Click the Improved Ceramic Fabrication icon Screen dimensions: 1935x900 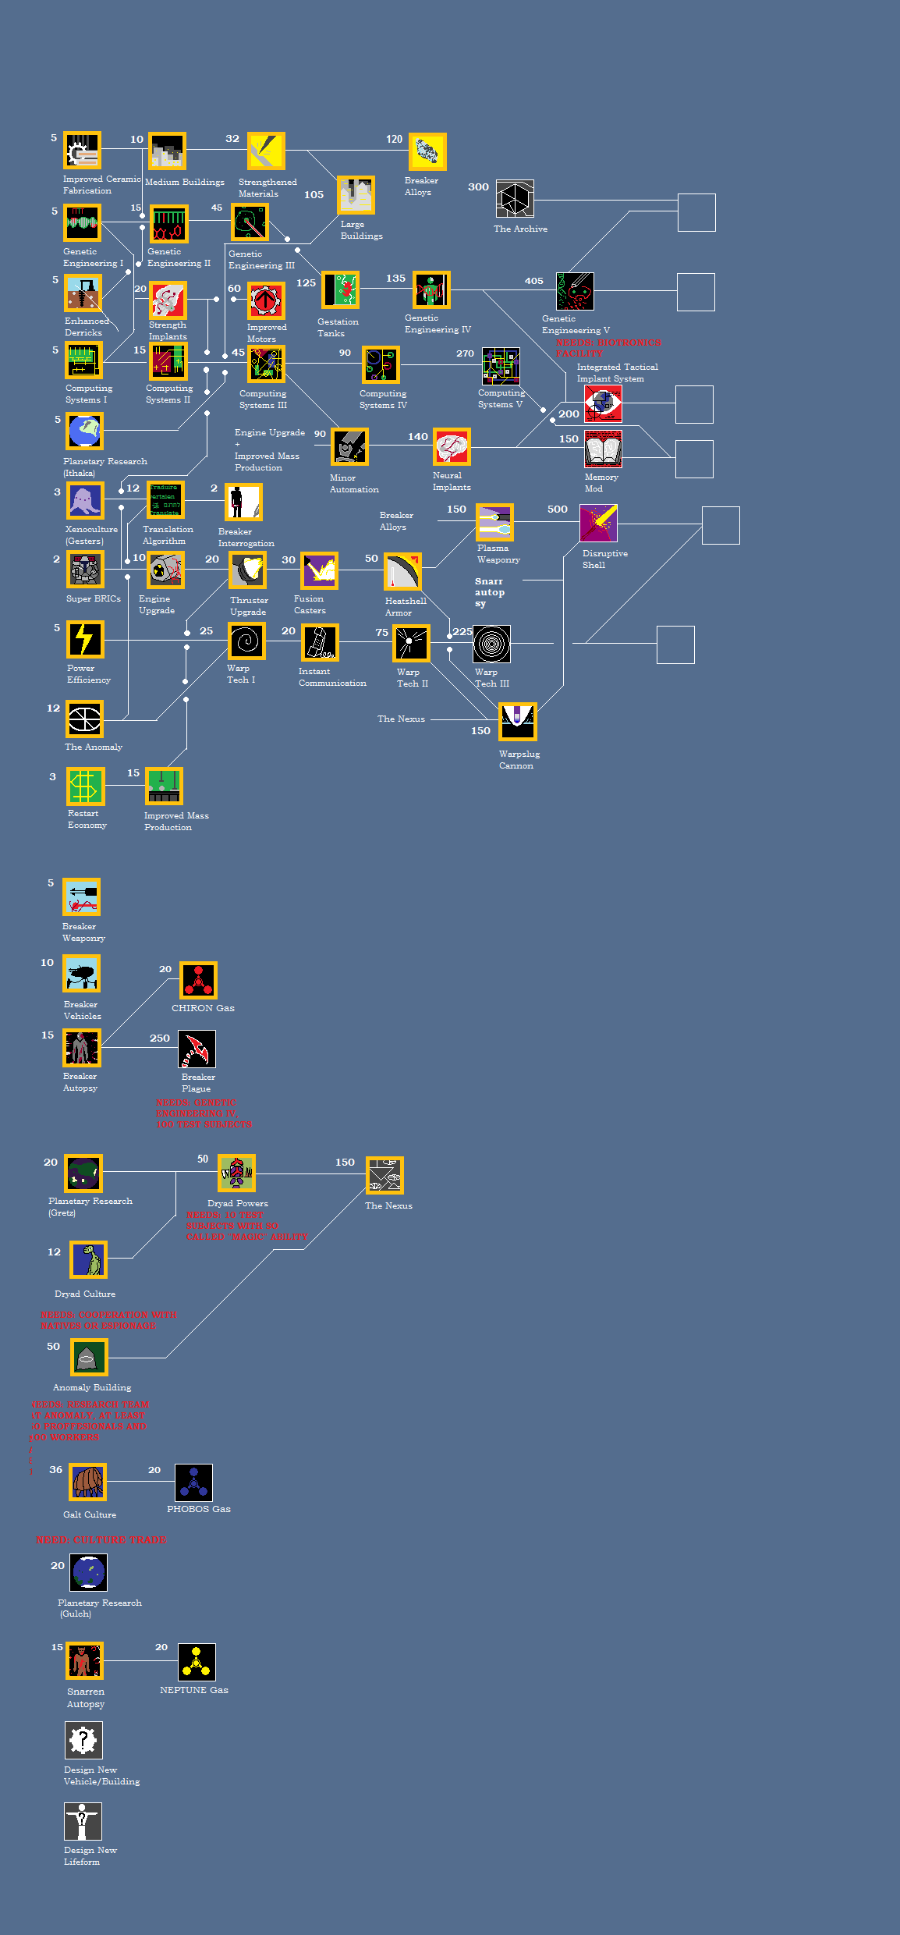click(82, 151)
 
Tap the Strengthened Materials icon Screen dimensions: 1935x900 click(266, 151)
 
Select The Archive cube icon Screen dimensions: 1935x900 click(515, 199)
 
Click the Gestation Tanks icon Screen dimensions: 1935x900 click(341, 290)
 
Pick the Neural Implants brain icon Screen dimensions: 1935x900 click(452, 447)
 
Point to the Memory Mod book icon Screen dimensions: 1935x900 click(603, 449)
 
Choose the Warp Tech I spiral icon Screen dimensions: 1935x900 click(246, 641)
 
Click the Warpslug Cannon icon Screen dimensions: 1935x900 click(518, 722)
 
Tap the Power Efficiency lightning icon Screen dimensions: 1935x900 click(85, 640)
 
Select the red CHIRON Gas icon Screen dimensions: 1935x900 click(198, 980)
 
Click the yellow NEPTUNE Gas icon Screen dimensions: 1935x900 click(197, 1662)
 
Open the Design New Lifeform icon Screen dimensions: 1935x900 click(83, 1821)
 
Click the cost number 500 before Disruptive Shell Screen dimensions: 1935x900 click(557, 509)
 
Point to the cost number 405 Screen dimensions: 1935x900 click(533, 281)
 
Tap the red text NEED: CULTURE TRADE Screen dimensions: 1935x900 click(101, 1539)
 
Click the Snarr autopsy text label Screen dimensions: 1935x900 click(490, 592)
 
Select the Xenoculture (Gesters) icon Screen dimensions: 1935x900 click(85, 501)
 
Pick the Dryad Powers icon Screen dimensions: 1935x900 click(237, 1173)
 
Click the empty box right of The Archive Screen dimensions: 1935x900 click(696, 212)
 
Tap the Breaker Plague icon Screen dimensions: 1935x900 click(197, 1049)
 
